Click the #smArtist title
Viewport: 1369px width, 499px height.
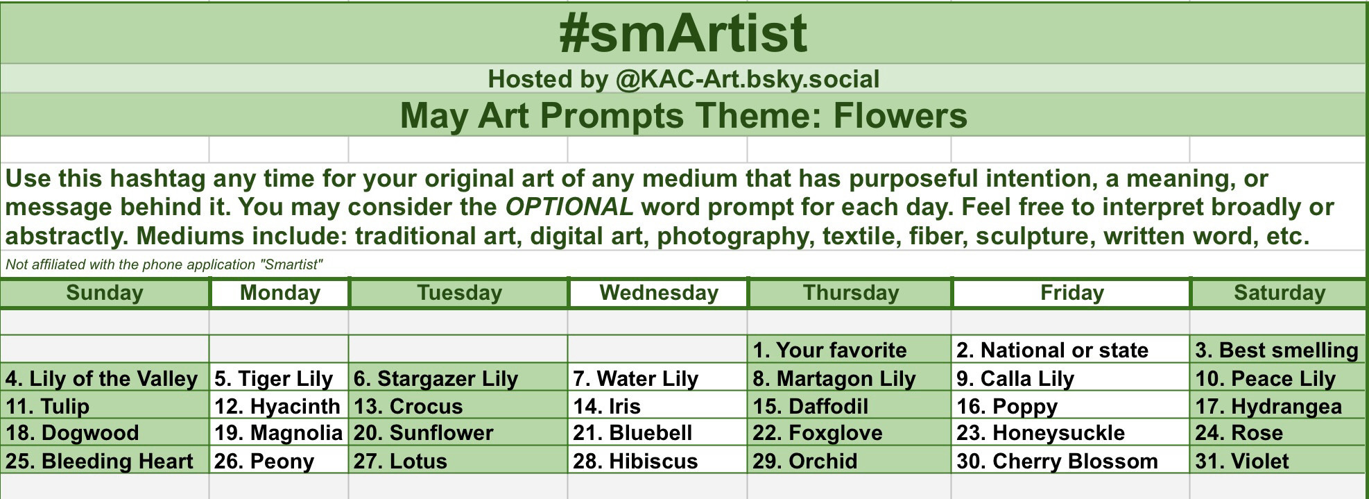coord(683,33)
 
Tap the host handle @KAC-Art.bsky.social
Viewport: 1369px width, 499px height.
coord(748,79)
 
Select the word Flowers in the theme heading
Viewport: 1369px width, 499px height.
coord(900,115)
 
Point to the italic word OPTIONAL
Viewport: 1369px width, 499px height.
coord(569,207)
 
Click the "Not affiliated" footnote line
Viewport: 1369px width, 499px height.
coord(164,264)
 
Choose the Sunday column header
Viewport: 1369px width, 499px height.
coord(105,293)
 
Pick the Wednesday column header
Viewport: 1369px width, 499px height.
coord(659,293)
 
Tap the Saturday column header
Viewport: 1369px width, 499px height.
coord(1279,293)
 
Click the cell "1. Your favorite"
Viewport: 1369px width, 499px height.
coord(850,350)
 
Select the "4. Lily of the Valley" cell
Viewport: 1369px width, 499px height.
coord(105,378)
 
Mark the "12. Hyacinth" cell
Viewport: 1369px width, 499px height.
coord(279,406)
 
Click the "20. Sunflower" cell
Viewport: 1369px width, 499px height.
coord(458,433)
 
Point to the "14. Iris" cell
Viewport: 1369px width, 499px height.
coord(657,406)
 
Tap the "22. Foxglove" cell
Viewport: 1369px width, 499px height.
coord(850,433)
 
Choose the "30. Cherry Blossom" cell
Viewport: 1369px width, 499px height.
coord(1071,461)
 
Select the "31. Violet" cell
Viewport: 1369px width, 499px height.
coord(1278,461)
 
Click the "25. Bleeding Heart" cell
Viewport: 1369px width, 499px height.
coord(105,461)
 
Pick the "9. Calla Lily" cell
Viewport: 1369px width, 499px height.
coord(1071,378)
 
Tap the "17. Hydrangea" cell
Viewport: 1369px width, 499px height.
coord(1278,406)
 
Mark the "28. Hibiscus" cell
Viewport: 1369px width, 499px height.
coord(657,461)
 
